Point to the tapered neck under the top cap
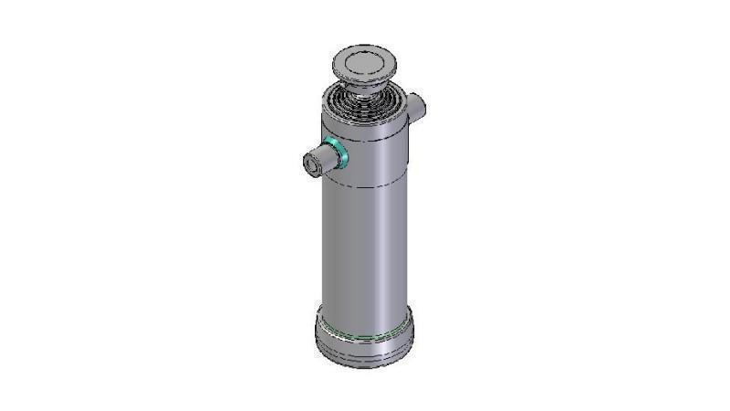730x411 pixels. tap(366, 88)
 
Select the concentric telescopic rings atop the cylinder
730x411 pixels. tap(365, 102)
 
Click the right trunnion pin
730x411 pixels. tap(416, 108)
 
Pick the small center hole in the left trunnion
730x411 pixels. tap(311, 163)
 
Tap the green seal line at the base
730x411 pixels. tap(365, 337)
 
